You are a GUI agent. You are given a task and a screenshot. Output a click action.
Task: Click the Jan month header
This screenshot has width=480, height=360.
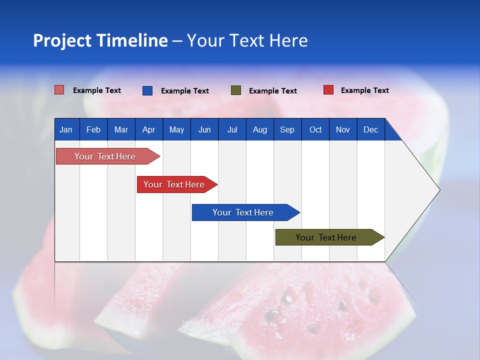coord(66,129)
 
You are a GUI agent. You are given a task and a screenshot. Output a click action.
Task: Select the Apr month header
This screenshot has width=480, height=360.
coord(148,129)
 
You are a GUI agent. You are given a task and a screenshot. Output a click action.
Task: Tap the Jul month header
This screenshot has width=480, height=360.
coord(232,129)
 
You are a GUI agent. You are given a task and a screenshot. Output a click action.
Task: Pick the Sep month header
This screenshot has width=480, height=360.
coord(287,129)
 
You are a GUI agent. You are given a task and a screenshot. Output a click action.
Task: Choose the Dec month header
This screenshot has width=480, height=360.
coord(370,129)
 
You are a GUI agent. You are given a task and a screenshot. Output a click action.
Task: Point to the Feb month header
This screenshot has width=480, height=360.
coord(93,129)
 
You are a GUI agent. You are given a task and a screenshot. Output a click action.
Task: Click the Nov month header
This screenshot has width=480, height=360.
coord(342,129)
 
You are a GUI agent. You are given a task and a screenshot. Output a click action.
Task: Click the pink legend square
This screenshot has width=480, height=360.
coord(59,90)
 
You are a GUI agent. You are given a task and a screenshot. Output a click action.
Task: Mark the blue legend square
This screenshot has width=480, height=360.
coord(147,90)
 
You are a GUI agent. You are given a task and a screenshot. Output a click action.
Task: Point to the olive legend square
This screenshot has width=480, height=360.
coord(235,90)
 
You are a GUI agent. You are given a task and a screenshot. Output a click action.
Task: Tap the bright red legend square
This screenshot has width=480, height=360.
coord(328,90)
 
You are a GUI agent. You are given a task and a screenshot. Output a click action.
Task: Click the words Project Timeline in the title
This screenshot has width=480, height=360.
coord(100,40)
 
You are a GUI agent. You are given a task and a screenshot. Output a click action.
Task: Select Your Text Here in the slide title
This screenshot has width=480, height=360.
coord(247,40)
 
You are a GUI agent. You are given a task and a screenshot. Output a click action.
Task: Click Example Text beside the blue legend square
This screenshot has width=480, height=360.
coord(184,91)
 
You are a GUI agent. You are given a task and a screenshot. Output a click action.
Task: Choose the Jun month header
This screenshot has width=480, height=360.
coord(204,129)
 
